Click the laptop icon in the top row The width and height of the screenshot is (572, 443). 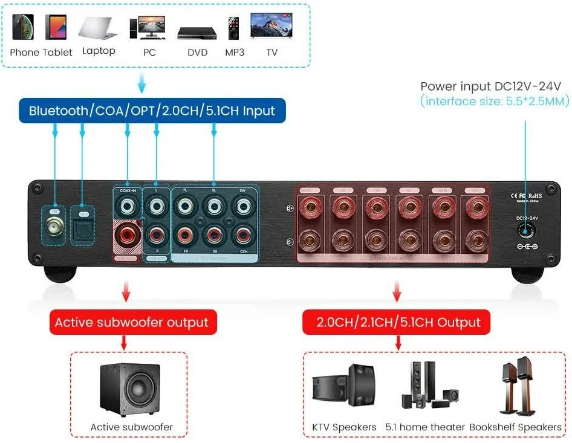click(x=97, y=28)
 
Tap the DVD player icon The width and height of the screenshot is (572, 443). click(x=195, y=32)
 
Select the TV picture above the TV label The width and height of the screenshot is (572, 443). click(x=272, y=27)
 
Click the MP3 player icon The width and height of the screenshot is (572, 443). click(x=234, y=28)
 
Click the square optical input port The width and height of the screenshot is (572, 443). click(x=83, y=226)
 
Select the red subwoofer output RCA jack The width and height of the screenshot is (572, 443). click(x=127, y=233)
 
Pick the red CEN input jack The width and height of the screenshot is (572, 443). click(x=243, y=233)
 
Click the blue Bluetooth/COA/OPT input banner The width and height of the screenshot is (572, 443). click(x=152, y=111)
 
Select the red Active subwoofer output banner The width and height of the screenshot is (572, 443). click(x=131, y=322)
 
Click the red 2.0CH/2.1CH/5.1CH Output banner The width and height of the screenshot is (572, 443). click(x=398, y=322)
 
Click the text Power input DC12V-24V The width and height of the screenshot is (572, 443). click(x=491, y=86)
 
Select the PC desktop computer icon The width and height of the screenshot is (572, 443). click(x=149, y=27)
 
